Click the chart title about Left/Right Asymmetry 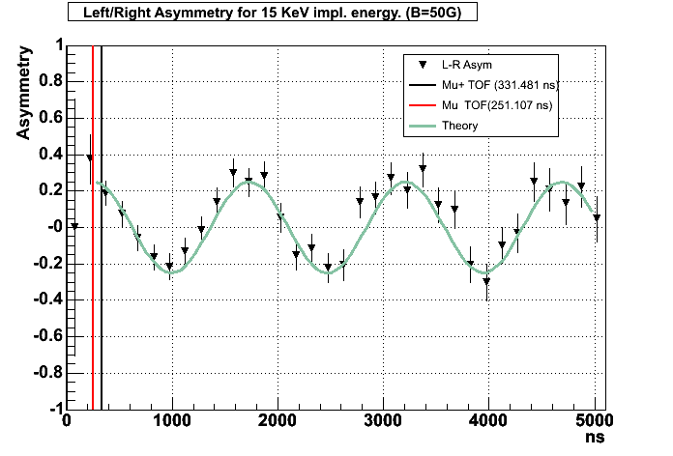point(273,13)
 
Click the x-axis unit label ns point(594,438)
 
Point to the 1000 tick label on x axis point(171,420)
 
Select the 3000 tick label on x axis point(383,420)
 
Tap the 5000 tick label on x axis point(594,420)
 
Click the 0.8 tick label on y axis point(45,81)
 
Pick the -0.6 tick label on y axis point(43,336)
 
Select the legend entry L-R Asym point(466,65)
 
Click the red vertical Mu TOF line point(92,290)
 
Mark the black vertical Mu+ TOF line point(102,319)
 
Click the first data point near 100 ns point(74,226)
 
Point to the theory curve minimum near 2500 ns point(329,272)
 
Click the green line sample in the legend point(422,126)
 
